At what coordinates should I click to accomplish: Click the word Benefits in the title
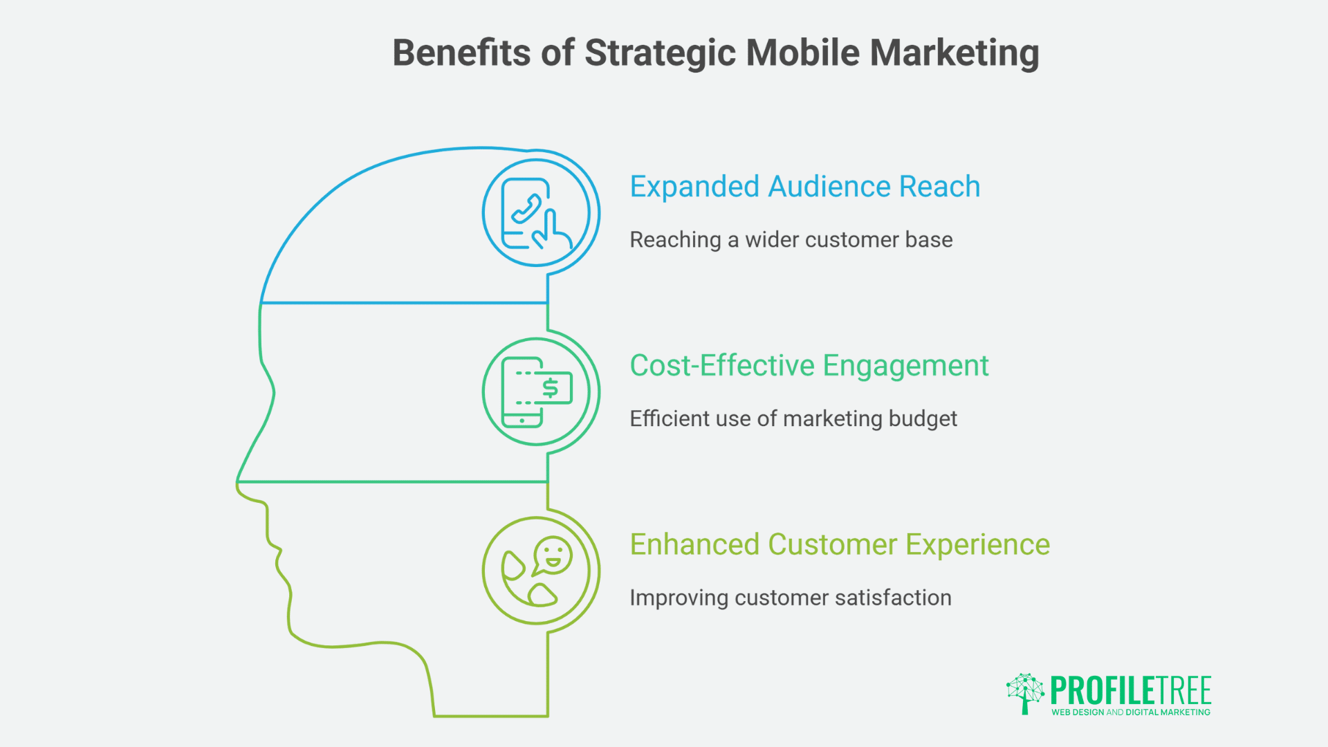point(462,53)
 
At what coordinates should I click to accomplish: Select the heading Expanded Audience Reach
point(804,187)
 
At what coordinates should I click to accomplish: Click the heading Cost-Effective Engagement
point(809,366)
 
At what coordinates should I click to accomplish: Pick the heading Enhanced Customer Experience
point(839,545)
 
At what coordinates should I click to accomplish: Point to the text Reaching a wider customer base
point(791,240)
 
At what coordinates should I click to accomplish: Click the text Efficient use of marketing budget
point(793,419)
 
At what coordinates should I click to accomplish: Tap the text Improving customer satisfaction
point(790,598)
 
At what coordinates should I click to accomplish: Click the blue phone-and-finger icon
point(536,213)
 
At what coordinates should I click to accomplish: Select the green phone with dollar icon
point(536,392)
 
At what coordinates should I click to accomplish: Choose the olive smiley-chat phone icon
point(536,571)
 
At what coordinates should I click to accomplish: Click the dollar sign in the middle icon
point(550,388)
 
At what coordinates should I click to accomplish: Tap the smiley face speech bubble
point(553,555)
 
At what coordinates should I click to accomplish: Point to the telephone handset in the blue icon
point(526,209)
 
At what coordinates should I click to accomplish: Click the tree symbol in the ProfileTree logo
point(1025,692)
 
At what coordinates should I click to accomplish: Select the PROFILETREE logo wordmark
point(1130,690)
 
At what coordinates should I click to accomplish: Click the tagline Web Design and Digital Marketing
point(1130,712)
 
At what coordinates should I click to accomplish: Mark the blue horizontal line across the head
point(404,303)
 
